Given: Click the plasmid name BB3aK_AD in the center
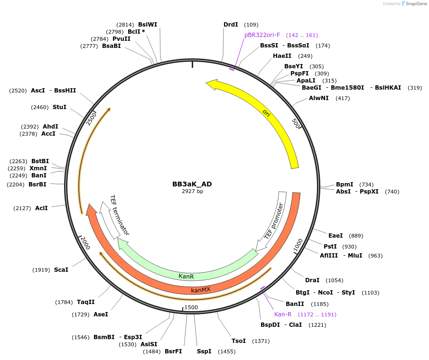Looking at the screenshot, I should (192, 184).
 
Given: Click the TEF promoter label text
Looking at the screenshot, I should (276, 221).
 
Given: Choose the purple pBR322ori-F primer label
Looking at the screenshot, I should (262, 35).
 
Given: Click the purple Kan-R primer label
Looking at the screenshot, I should (282, 314).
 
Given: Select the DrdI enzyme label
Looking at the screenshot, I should (231, 24).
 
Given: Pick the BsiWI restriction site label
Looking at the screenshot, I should (148, 24).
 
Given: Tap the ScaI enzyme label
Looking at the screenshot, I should (61, 269).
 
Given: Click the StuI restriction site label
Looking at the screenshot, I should (59, 107).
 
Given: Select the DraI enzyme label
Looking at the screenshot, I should (312, 280).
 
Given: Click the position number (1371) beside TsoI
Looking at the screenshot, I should (261, 341).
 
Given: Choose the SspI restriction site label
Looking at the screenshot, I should (204, 351).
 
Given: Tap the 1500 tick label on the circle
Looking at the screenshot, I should (191, 307).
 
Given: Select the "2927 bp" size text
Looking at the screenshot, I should (192, 191).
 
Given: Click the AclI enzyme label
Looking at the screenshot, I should (41, 207).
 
